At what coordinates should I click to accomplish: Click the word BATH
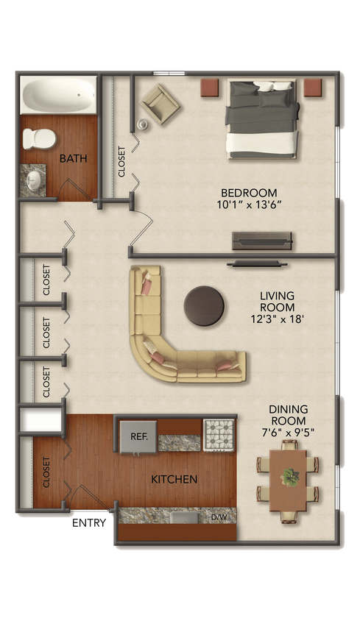[74, 158]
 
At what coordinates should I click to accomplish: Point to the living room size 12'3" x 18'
[277, 319]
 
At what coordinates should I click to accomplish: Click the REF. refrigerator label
[139, 436]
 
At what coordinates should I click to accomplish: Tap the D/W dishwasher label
[219, 518]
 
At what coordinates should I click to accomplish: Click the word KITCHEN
[174, 480]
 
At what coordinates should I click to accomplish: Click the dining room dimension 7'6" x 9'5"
[288, 433]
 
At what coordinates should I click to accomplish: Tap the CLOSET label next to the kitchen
[46, 473]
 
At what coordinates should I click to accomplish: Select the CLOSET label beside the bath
[121, 162]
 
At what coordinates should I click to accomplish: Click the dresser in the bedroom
[263, 241]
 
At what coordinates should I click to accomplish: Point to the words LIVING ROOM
[277, 302]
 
